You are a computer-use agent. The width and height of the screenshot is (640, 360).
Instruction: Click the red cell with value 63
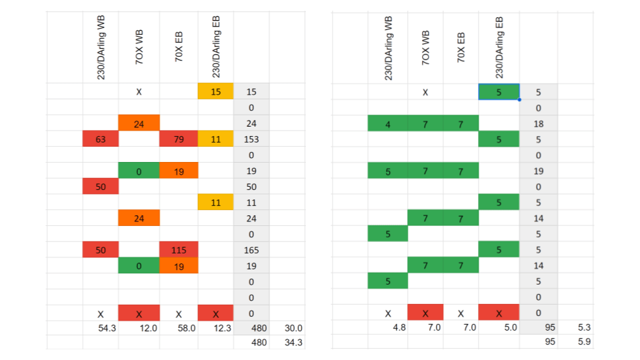click(100, 139)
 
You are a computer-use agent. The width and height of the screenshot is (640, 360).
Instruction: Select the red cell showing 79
click(179, 139)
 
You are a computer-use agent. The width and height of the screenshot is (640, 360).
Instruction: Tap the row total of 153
click(251, 139)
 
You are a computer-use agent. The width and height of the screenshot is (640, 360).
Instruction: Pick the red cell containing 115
click(179, 250)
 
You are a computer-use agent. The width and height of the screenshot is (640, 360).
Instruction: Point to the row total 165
click(251, 250)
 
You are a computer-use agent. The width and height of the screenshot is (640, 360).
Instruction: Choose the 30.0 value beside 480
click(293, 328)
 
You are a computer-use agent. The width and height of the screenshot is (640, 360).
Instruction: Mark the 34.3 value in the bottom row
click(293, 342)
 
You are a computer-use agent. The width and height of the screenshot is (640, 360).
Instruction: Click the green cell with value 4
click(388, 123)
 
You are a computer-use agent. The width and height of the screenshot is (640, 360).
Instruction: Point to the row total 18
click(537, 123)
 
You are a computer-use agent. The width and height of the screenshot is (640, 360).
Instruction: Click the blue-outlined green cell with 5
click(499, 92)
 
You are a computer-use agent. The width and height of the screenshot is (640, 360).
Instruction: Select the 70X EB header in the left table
click(179, 51)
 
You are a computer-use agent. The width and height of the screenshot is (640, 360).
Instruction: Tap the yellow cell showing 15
click(215, 92)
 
